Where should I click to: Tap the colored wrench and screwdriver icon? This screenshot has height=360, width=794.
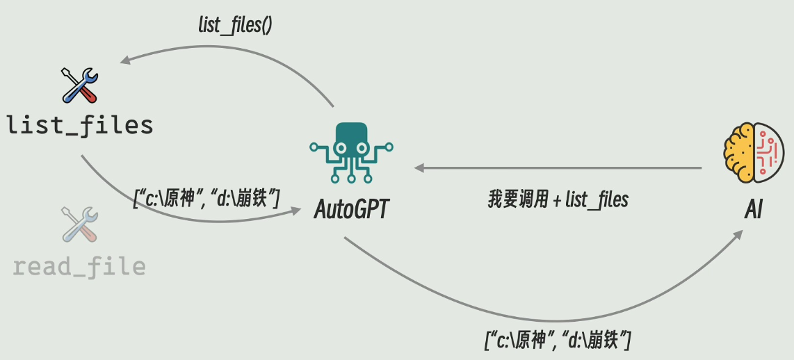[x=80, y=85]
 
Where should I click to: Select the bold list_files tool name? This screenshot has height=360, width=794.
[x=79, y=125]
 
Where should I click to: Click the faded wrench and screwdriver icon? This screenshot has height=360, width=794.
[x=80, y=224]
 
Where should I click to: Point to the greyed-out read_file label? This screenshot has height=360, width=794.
[x=79, y=266]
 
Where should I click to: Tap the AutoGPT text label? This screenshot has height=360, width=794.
[x=350, y=208]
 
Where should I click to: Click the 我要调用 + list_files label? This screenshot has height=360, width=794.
[x=558, y=200]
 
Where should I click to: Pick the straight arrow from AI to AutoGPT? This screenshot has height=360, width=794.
[x=556, y=167]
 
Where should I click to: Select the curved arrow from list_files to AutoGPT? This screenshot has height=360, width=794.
[x=174, y=212]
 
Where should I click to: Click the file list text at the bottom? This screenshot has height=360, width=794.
[x=558, y=341]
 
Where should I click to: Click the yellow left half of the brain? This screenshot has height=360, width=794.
[x=739, y=153]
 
